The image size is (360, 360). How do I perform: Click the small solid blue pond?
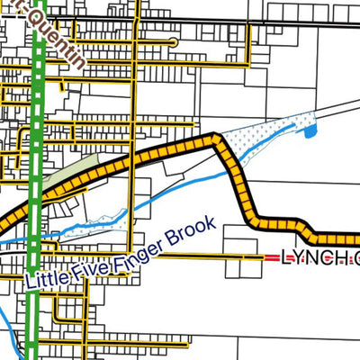pyautogui.click(x=311, y=133)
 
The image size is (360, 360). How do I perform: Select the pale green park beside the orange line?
pyautogui.click(x=72, y=175)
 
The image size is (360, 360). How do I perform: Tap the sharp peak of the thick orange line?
pyautogui.click(x=215, y=139)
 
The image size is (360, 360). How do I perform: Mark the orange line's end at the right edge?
pyautogui.click(x=355, y=241)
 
